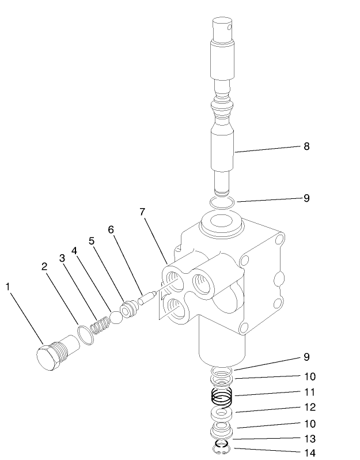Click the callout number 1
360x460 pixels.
(x=8, y=286)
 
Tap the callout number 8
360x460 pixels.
(x=306, y=146)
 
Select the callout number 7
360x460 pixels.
(x=142, y=212)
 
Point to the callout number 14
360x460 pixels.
(x=309, y=453)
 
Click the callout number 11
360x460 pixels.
(x=309, y=392)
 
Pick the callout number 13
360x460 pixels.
(x=309, y=439)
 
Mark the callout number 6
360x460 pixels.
(x=111, y=230)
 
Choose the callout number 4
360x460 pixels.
(x=74, y=251)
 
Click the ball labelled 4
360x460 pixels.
(x=115, y=316)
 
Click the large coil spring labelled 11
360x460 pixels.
(x=222, y=396)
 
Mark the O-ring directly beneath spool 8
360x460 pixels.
(x=221, y=202)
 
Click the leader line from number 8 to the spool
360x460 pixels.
(x=268, y=149)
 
